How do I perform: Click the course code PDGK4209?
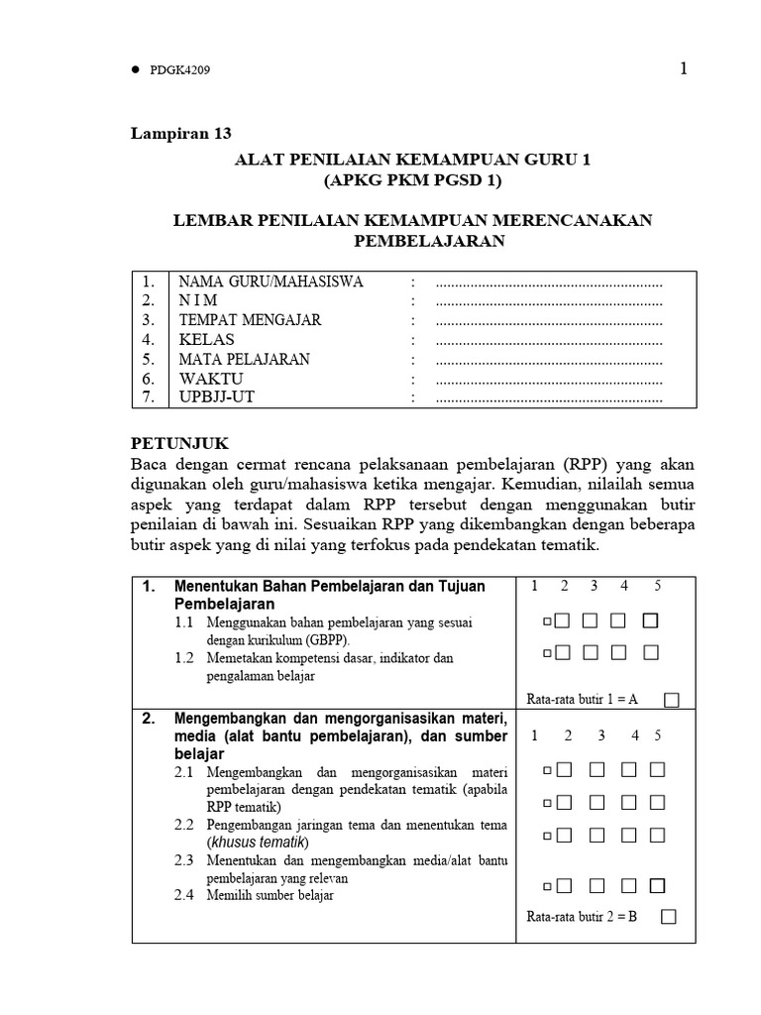tap(181, 70)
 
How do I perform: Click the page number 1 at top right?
tap(683, 68)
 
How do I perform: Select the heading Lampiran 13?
tap(181, 134)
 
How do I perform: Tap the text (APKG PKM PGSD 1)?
tap(413, 180)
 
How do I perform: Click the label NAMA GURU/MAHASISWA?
tap(271, 282)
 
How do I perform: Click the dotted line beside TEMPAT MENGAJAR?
tap(549, 320)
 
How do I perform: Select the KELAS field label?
tap(206, 340)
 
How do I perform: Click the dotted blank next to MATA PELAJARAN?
tap(549, 360)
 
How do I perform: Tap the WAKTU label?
tap(210, 379)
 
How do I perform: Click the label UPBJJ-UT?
tap(220, 397)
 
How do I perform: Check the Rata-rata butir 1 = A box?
tap(672, 700)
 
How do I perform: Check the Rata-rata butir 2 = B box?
tap(669, 916)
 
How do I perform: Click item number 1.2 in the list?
tap(185, 658)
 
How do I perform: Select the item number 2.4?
tap(185, 895)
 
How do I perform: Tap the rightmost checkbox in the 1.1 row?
tap(650, 621)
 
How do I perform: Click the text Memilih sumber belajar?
tap(271, 895)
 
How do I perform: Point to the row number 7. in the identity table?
tap(149, 397)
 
